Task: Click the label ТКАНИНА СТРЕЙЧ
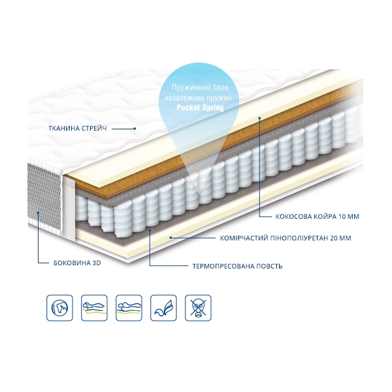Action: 78,129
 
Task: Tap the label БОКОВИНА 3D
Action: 77,263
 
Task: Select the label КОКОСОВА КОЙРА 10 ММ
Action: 318,216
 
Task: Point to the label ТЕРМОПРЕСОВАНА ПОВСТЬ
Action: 238,266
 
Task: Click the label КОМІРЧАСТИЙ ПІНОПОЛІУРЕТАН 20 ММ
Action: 286,238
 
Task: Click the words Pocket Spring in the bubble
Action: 201,108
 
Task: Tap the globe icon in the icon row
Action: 59,308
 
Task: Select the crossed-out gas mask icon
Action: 198,308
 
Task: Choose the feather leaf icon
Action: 163,308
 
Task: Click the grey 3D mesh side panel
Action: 44,196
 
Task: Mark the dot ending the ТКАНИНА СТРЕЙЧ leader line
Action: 135,129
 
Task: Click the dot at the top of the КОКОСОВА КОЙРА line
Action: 260,118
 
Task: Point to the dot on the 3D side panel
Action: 39,213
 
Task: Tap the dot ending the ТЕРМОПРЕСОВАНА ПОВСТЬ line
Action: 150,230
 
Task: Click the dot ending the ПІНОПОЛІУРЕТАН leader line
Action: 171,238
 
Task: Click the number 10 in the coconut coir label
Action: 342,216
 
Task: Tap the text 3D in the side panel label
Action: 97,263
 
